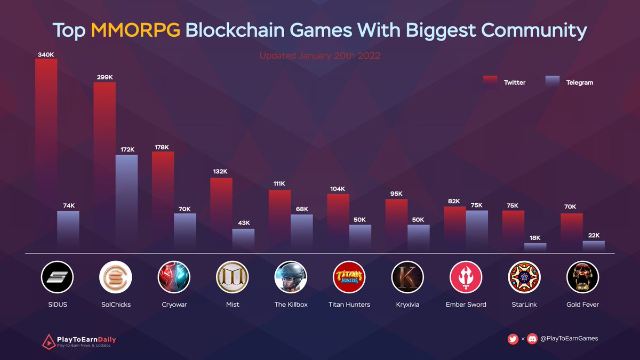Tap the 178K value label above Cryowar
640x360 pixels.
[163, 147]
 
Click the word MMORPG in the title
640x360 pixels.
[135, 30]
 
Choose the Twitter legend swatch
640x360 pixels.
[490, 82]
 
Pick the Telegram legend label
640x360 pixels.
[579, 83]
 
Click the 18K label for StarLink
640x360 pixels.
[535, 238]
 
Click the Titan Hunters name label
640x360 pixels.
[349, 305]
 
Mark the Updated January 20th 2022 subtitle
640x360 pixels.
[319, 55]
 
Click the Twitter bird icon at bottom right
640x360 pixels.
[513, 339]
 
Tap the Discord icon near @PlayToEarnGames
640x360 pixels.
[532, 339]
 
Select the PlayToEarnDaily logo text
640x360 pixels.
[86, 339]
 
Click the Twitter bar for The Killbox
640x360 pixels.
[279, 219]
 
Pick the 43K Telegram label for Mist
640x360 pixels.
[244, 222]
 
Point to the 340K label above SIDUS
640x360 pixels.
[46, 54]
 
